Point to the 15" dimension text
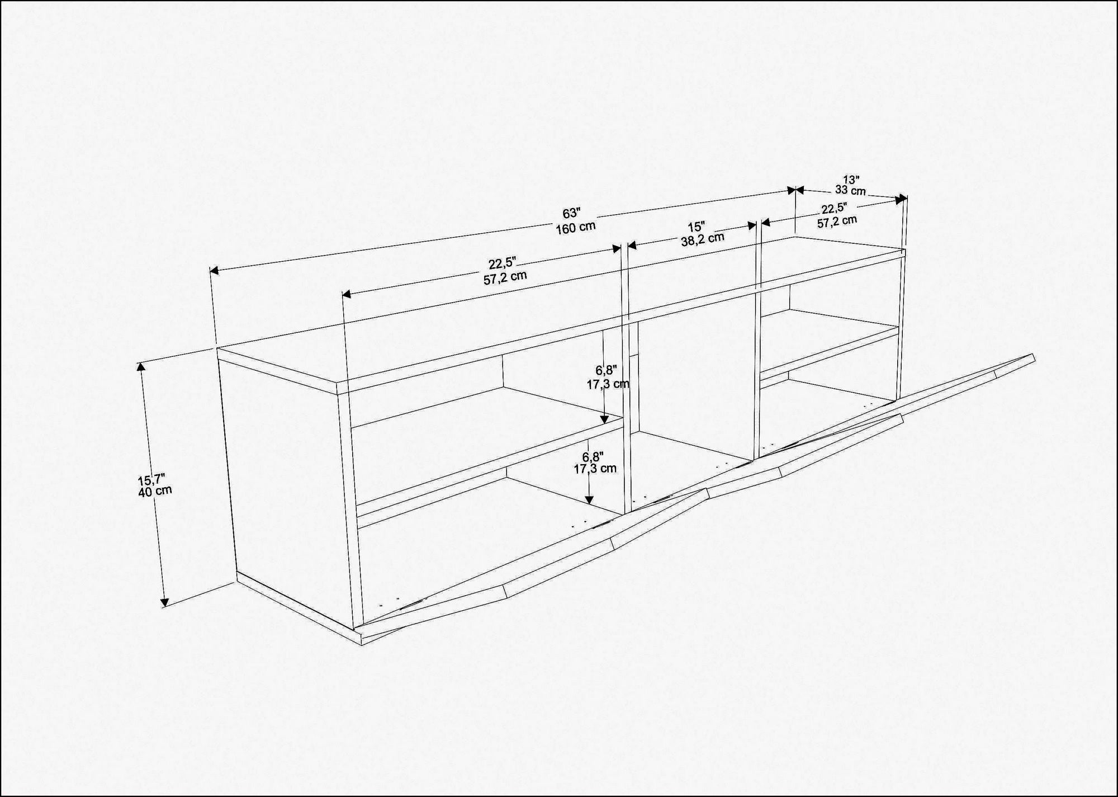tap(697, 227)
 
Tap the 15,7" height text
tap(151, 479)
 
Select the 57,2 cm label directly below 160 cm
tap(505, 277)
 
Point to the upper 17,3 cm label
tap(608, 384)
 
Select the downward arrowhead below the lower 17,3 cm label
tap(589, 500)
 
